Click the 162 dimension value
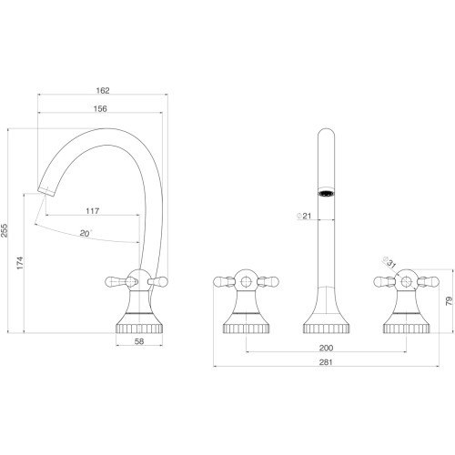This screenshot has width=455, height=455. coord(103,90)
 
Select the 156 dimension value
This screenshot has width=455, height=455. coord(100,108)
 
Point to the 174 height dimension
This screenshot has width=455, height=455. coord(20,263)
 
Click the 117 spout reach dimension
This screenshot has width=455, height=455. coord(93,211)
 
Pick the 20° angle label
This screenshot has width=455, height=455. coord(86,233)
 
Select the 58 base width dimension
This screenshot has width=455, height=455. coord(139,341)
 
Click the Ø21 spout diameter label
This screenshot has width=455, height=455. coord(304,216)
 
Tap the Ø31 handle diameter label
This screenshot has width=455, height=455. coord(389,262)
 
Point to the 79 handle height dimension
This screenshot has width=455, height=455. coord(450,301)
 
